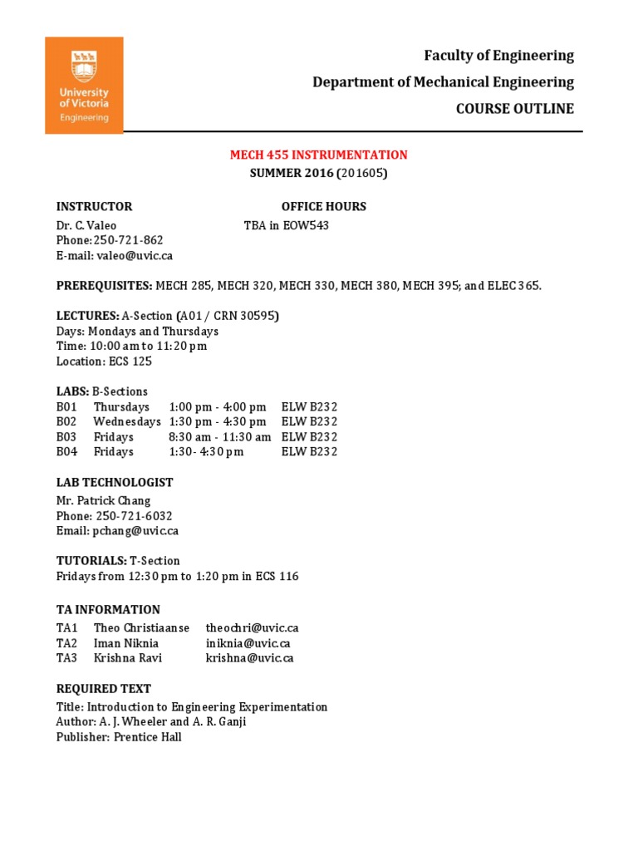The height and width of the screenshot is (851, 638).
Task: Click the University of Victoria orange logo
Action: (84, 85)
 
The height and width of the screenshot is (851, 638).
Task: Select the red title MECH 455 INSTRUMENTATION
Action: (319, 155)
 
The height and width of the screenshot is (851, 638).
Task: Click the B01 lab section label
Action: (66, 407)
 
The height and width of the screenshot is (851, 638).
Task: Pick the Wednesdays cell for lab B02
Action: (127, 422)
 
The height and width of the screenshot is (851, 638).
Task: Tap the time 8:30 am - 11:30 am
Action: (219, 437)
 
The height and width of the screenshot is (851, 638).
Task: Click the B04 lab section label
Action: (66, 452)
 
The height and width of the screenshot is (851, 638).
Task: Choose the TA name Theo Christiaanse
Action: (141, 628)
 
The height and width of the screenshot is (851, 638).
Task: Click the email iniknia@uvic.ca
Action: (248, 643)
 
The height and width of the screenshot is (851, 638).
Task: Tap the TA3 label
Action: (66, 658)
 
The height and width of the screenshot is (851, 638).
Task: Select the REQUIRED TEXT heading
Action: (104, 689)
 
